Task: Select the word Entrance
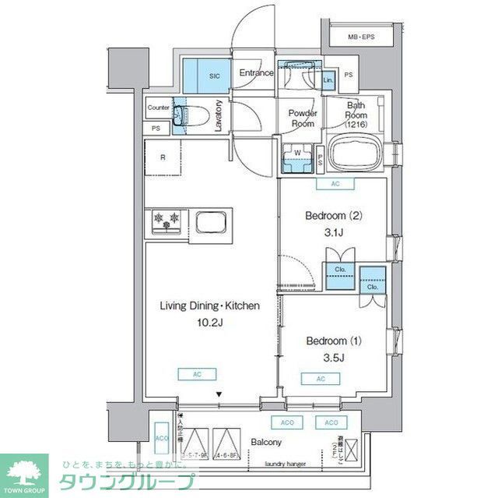(256, 73)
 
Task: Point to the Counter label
(158, 108)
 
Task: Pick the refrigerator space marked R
(163, 158)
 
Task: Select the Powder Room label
(302, 118)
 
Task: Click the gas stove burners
(166, 221)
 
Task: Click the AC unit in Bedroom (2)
(335, 184)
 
